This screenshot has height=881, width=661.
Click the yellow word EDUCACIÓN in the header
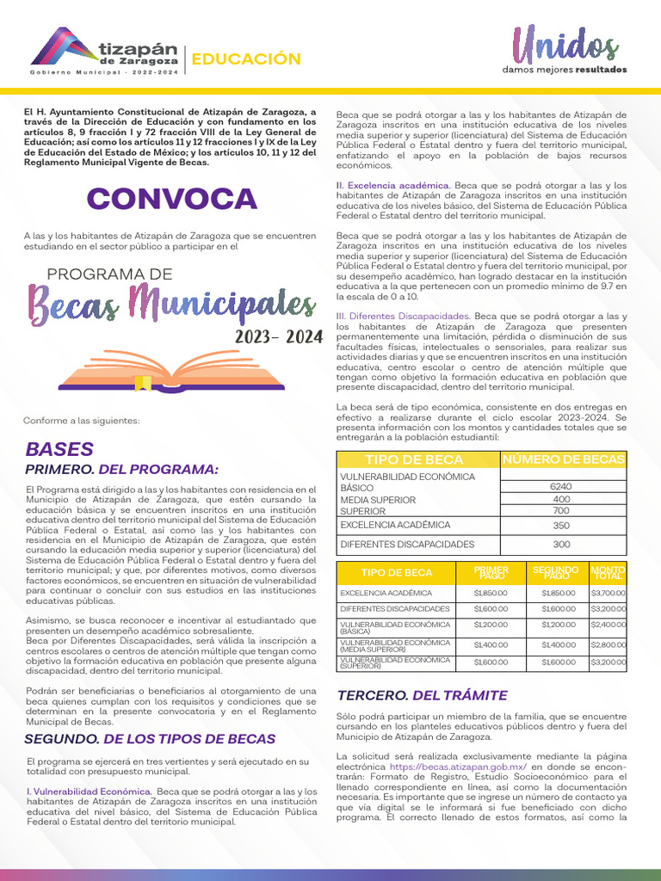point(245,59)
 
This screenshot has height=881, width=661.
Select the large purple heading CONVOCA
point(171,199)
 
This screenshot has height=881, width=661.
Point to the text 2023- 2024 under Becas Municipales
point(278,338)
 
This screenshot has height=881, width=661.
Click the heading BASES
point(59,449)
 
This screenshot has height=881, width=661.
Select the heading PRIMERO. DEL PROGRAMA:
point(121,469)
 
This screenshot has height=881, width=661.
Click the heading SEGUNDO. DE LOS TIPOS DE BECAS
point(150,739)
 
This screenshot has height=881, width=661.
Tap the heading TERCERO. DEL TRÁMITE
point(422,695)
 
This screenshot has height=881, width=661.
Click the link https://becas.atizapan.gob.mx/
point(458,767)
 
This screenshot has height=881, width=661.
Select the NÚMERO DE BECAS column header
point(565,460)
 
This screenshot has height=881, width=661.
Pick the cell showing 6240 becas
point(561,487)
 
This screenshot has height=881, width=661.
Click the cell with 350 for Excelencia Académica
point(561,525)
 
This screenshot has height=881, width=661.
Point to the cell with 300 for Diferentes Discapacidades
point(561,545)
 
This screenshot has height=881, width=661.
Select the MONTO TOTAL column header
point(608,572)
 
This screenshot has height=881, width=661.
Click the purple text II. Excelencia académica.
point(393,185)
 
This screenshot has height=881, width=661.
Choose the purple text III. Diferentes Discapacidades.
point(403,317)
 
